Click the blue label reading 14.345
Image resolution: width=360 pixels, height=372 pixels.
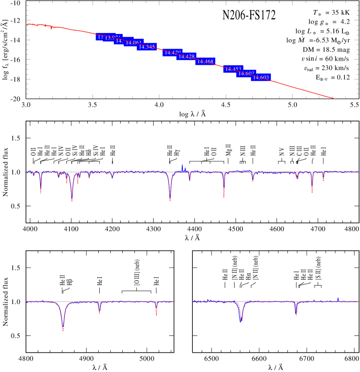tap(147, 47)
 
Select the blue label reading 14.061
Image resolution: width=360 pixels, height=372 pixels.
tap(133, 43)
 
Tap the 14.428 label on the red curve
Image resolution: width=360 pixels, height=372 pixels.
tap(187, 56)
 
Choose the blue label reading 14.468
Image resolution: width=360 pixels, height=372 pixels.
tap(205, 62)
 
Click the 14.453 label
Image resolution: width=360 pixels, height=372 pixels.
tap(233, 69)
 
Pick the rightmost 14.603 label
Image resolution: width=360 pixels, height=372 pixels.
tap(261, 77)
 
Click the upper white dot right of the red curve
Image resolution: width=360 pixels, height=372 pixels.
tap(301, 64)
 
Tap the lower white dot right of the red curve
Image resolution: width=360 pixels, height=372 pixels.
tap(304, 74)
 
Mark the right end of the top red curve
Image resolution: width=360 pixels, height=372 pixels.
tap(334, 98)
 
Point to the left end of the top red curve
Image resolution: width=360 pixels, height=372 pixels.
tap(27, 25)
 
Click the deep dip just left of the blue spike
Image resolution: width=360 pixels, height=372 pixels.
tap(170, 199)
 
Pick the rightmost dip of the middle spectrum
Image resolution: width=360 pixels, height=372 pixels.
tap(323, 180)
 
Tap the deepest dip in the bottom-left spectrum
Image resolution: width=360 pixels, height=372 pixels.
tap(63, 329)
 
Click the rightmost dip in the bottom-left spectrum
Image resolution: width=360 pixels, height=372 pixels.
tap(156, 315)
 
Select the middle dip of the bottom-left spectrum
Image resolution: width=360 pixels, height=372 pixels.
tap(99, 312)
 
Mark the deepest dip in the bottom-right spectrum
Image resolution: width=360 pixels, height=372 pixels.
tap(241, 320)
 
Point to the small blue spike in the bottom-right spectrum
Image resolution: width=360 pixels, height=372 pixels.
tap(338, 298)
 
